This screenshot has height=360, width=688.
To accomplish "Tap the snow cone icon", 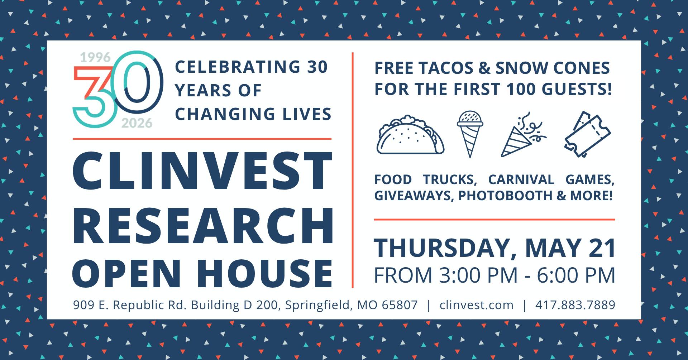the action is pos(470,134).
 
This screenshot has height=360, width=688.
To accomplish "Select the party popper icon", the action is pos(523,135).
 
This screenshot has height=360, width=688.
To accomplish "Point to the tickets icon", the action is pos(587,134).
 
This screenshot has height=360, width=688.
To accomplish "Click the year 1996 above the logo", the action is pos(95,57).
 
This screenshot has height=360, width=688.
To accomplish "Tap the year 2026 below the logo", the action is pos(137,123).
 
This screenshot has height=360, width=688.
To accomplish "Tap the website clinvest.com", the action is pos(477,305).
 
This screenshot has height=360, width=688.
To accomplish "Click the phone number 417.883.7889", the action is pos(575,305).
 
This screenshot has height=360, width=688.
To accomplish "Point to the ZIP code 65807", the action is pos(400,305).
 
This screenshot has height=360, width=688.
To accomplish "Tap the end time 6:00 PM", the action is pos(576,275).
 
